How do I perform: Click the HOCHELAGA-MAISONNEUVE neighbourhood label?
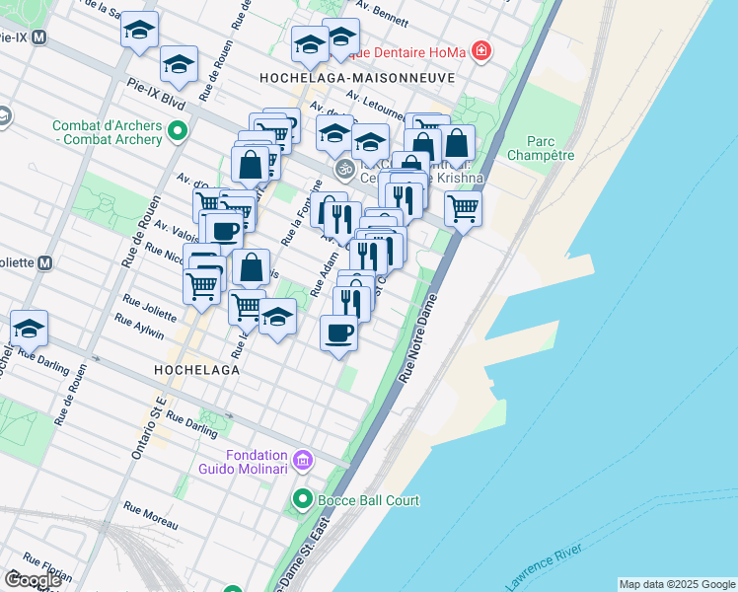pos(356,77)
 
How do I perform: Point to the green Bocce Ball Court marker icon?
pos(303,500)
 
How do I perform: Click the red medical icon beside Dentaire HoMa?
pos(480,50)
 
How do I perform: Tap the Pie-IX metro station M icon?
pos(38,39)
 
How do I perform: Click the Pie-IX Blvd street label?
pos(156,102)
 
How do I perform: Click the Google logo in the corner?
pos(33,579)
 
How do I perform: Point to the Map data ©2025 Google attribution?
pos(676,584)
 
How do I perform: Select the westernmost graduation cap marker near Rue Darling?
pos(29,329)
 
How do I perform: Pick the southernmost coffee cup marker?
pos(339,332)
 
